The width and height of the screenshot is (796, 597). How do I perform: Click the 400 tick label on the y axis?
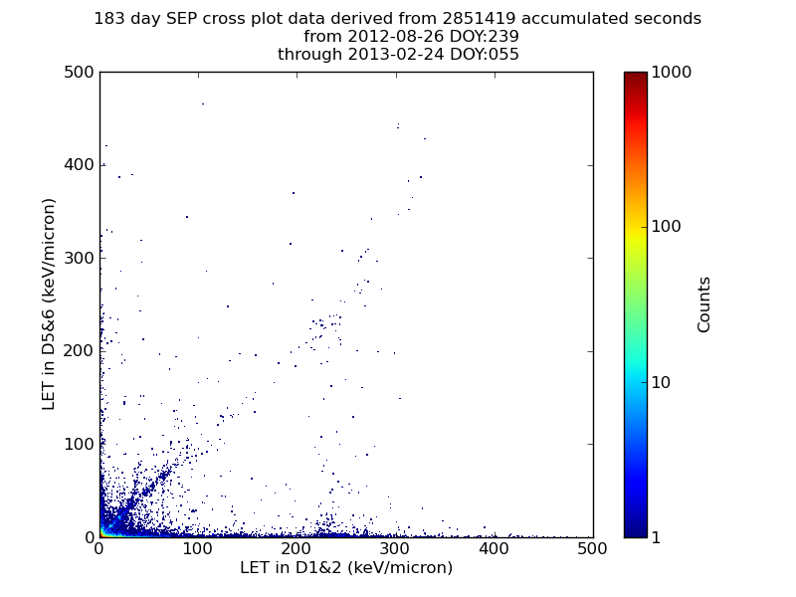[79, 164]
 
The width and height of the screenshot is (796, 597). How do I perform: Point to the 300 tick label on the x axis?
[394, 549]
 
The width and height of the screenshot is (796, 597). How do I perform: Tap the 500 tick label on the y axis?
[79, 72]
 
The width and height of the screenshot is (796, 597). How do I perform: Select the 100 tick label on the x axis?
[197, 549]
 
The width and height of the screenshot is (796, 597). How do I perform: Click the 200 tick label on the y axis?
[79, 350]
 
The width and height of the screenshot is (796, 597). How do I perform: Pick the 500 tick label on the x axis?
[592, 549]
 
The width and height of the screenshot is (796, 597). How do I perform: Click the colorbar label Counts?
[703, 304]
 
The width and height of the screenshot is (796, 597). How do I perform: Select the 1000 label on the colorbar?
[671, 72]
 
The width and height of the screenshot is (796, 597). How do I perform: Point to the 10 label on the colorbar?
[661, 382]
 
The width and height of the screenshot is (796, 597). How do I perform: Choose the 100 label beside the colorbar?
[666, 227]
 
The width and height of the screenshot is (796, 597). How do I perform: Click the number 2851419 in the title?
[479, 18]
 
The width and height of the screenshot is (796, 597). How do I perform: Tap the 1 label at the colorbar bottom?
[656, 537]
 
